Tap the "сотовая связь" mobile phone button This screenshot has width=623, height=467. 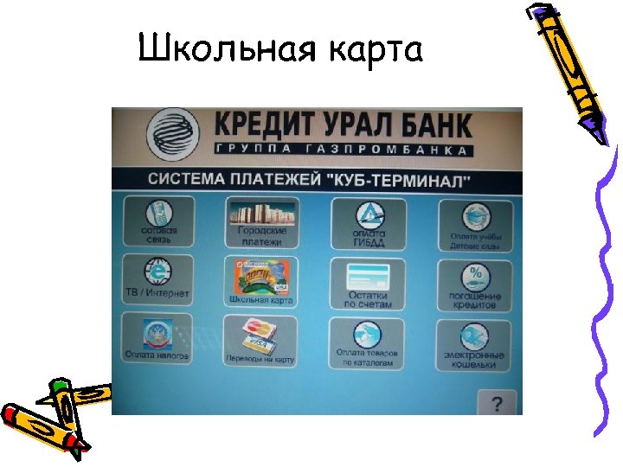click(x=159, y=222)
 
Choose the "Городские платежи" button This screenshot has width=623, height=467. click(x=261, y=222)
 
